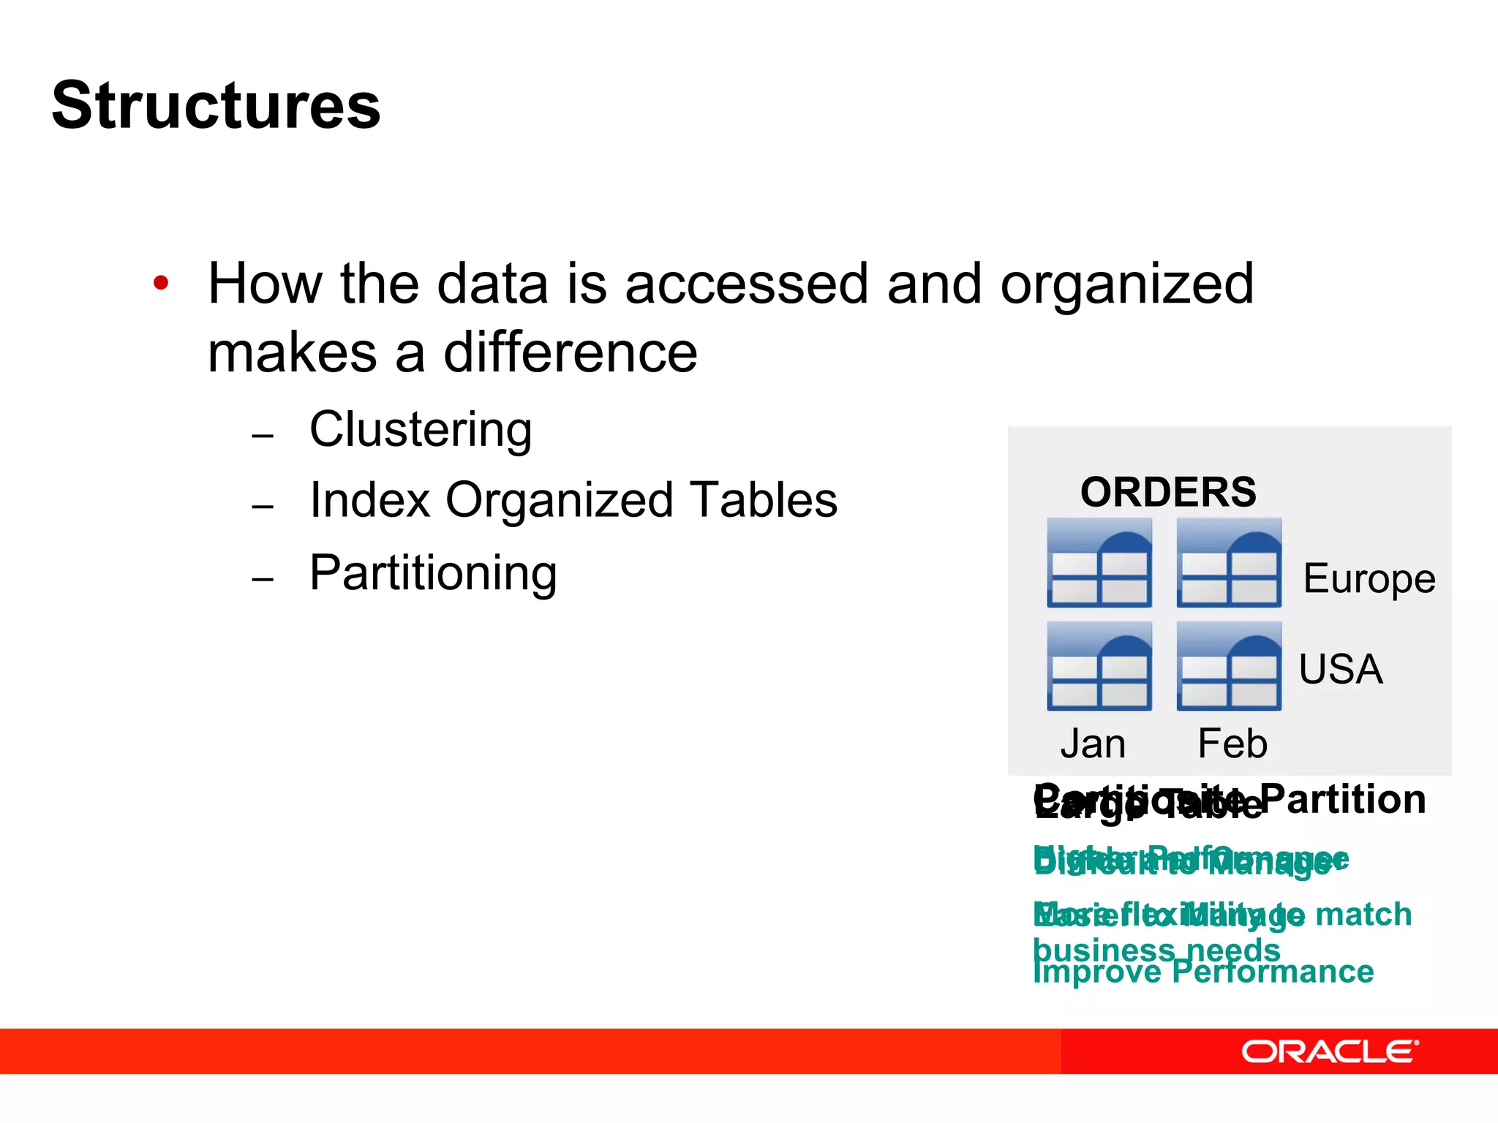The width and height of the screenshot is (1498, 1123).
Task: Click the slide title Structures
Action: coord(216,106)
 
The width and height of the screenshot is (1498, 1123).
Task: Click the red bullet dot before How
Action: coord(161,283)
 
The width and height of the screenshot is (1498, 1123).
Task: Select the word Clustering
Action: coord(420,429)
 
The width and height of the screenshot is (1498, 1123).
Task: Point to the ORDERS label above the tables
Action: coord(1168,492)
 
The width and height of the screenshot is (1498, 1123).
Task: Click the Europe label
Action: coord(1369,578)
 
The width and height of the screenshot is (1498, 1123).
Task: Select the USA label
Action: coord(1340,668)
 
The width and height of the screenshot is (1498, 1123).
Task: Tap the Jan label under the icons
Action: coord(1093,744)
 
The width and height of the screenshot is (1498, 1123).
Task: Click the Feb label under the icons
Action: coord(1232,744)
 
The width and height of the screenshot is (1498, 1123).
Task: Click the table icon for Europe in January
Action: coord(1099,563)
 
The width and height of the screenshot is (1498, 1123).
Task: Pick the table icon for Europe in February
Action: coord(1229,563)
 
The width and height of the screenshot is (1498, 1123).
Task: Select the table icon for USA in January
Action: coord(1099,666)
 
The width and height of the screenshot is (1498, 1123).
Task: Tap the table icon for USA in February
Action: coord(1229,666)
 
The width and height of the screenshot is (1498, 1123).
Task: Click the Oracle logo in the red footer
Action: coord(1329,1051)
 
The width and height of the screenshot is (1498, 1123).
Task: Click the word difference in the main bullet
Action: coord(570,353)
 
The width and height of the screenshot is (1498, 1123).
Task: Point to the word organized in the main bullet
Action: coord(1126,284)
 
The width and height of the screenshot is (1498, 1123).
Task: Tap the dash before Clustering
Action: coord(263,436)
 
